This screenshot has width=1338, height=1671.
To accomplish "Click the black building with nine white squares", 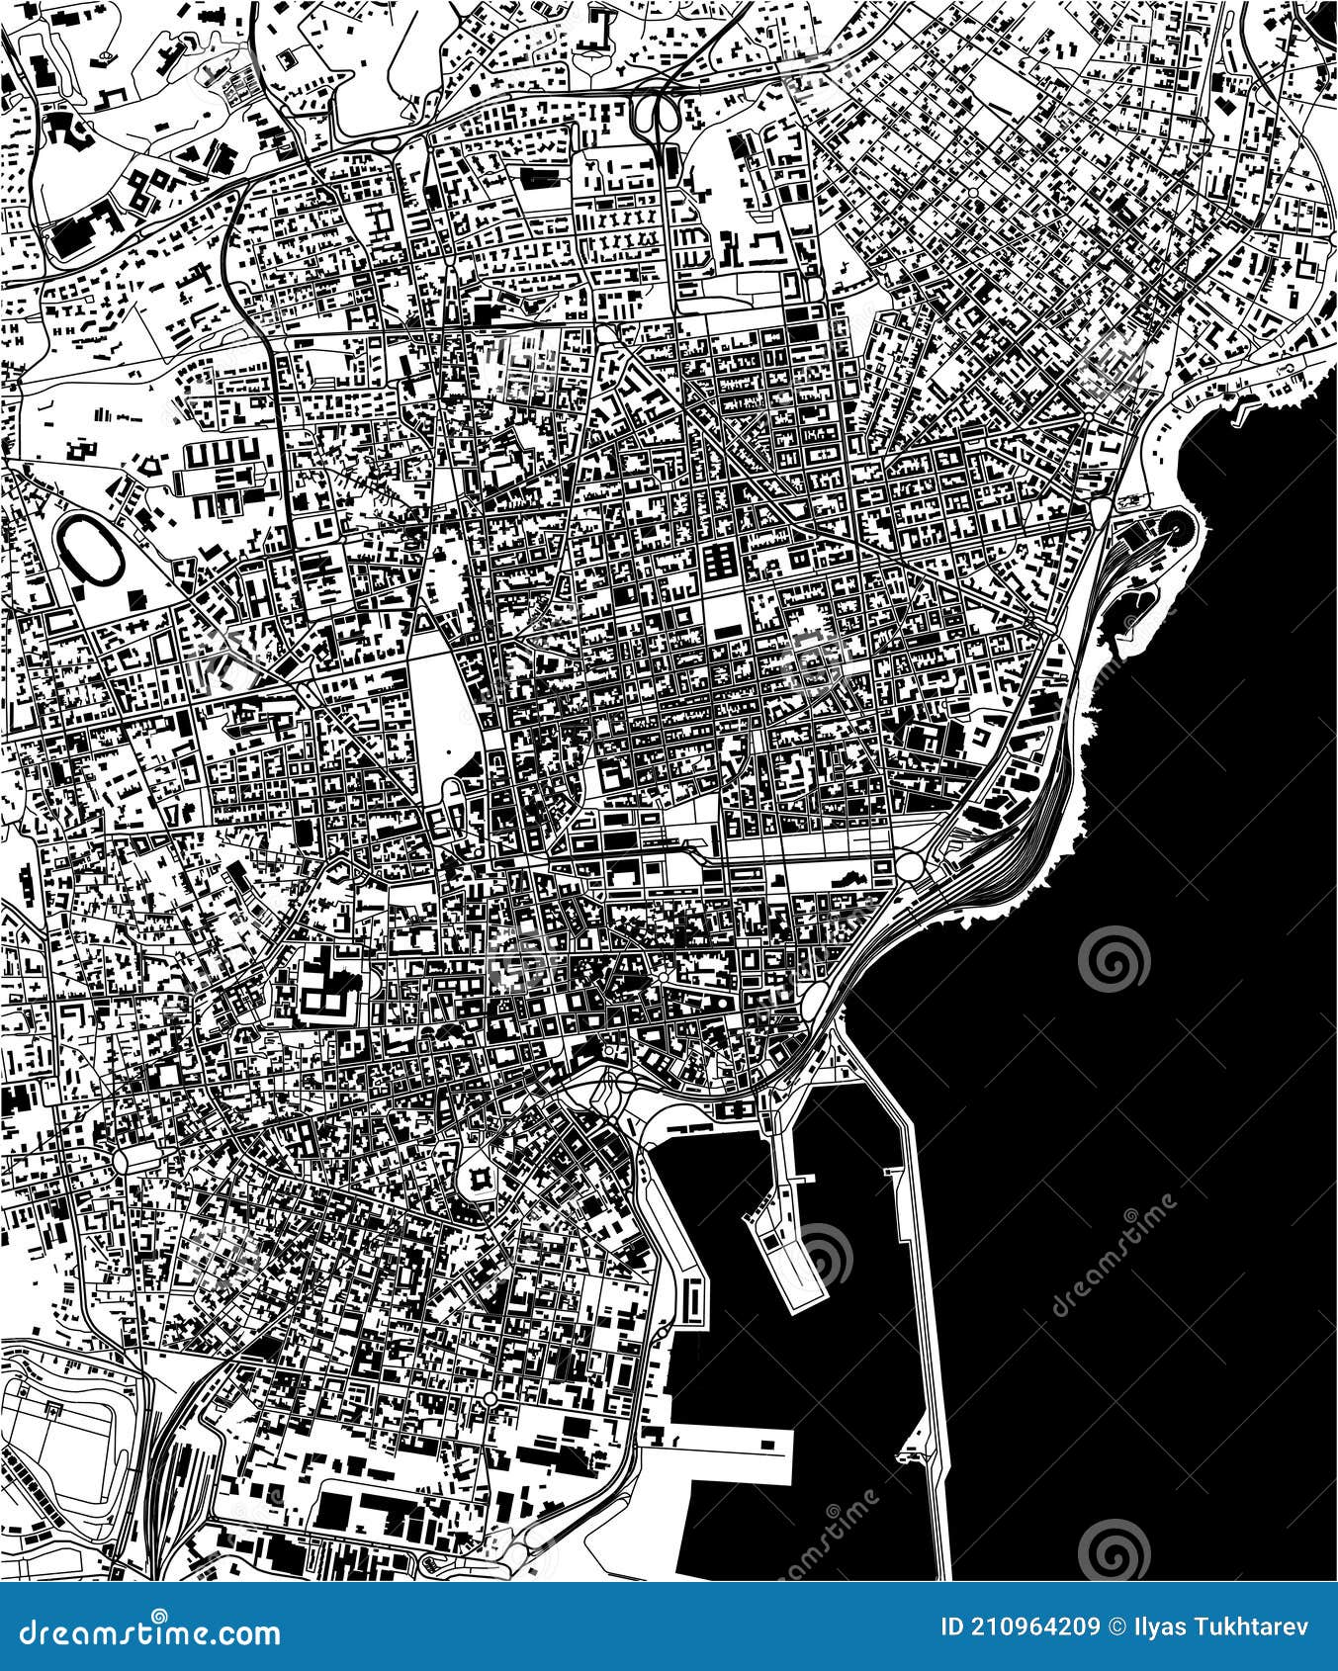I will click(x=719, y=561).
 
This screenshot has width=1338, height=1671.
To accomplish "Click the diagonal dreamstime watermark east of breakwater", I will click(x=1113, y=1256).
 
